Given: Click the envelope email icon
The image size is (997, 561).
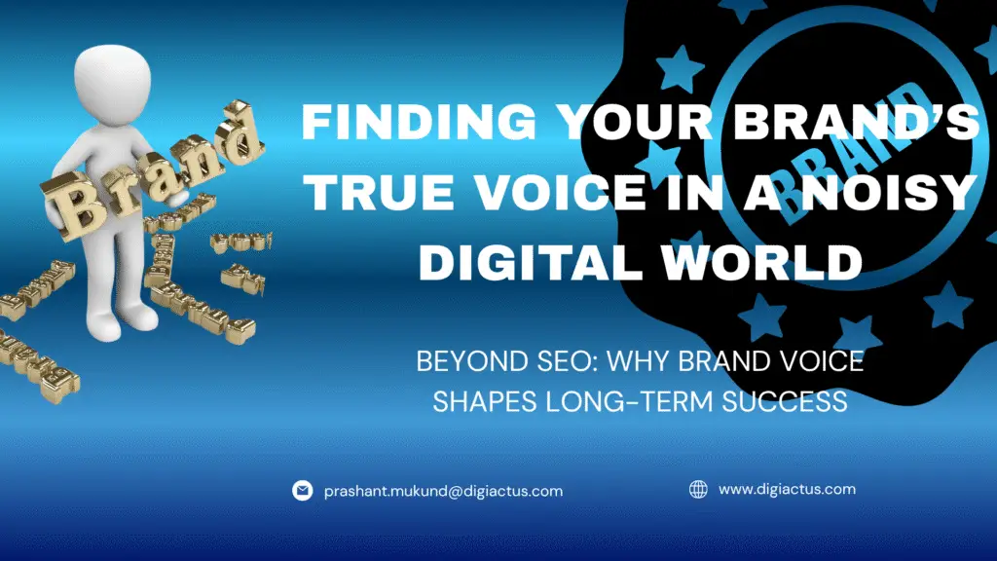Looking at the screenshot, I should [303, 491].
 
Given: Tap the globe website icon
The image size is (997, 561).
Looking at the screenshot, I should [698, 489].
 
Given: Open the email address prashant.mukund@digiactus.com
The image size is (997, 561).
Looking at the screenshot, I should [443, 491].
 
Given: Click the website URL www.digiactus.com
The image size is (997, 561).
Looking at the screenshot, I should [787, 489].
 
